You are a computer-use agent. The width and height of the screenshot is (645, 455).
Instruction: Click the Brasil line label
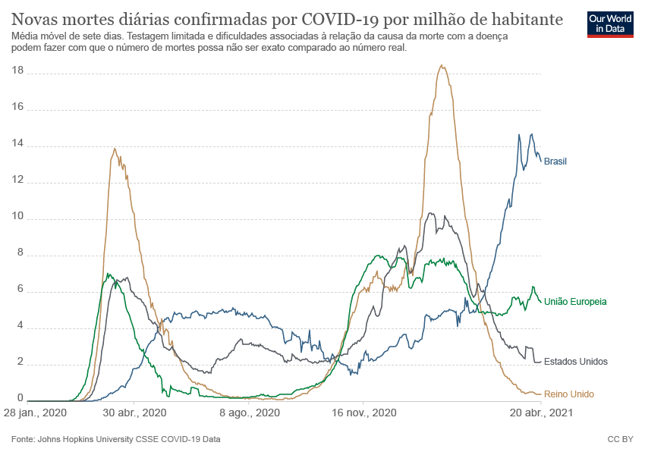555,161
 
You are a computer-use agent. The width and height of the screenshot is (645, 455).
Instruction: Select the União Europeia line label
574,302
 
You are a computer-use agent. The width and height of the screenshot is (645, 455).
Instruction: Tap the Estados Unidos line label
576,362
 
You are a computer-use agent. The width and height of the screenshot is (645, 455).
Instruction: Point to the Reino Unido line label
569,394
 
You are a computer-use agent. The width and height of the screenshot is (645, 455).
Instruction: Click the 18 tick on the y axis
18,71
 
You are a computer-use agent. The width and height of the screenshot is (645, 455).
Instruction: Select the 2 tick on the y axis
21,364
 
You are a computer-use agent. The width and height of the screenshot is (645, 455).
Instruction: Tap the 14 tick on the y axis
18,144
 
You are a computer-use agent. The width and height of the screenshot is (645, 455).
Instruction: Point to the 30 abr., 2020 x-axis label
134,414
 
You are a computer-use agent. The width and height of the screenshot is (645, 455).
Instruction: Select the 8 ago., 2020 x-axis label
249,414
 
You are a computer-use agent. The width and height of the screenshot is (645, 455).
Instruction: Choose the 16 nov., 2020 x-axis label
363,414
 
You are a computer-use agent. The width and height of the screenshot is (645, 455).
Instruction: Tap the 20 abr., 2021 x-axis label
540,414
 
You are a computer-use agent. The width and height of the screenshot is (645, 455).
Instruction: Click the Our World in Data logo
611,24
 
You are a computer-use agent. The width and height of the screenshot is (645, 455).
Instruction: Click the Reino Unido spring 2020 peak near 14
115,149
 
